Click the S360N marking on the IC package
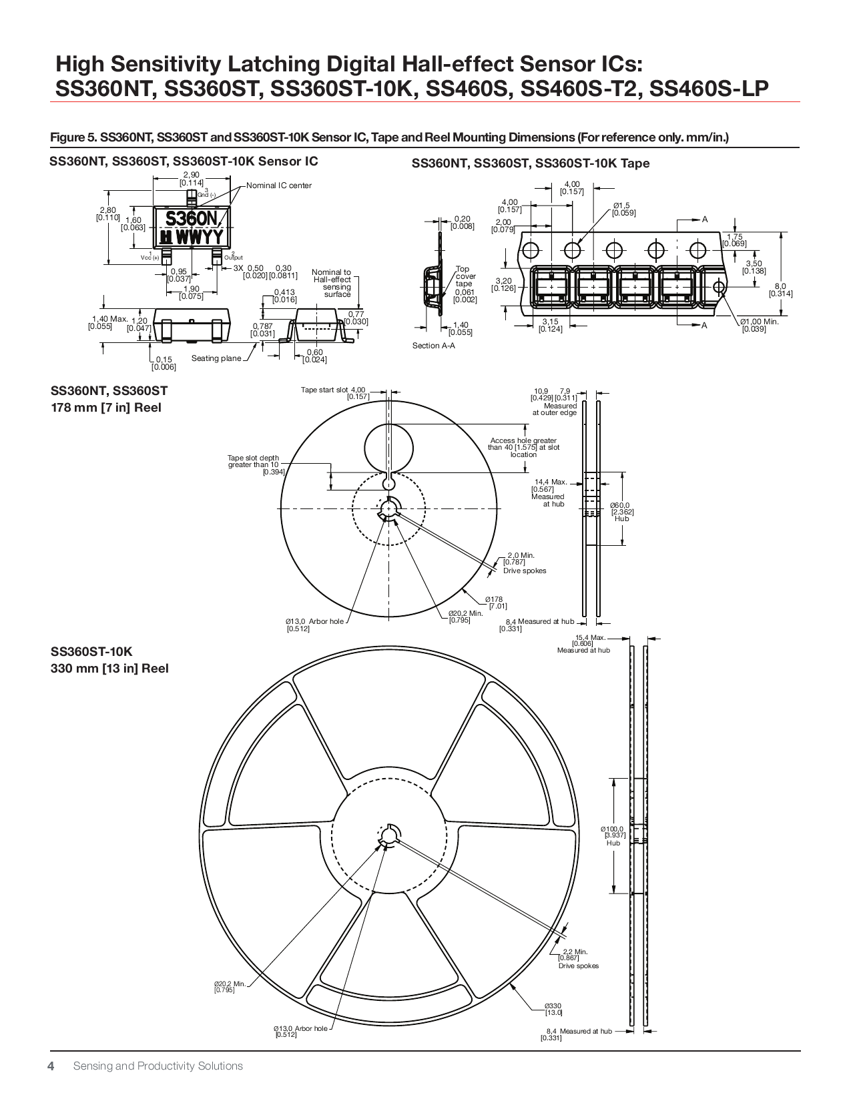point(191,219)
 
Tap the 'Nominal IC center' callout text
point(278,186)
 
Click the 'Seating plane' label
point(216,358)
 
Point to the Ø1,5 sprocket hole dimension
point(622,209)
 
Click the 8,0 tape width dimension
point(780,290)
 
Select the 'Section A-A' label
point(433,346)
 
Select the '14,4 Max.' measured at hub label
point(550,482)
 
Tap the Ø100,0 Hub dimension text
point(613,832)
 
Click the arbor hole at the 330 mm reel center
point(388,835)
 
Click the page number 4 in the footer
point(51,1066)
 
